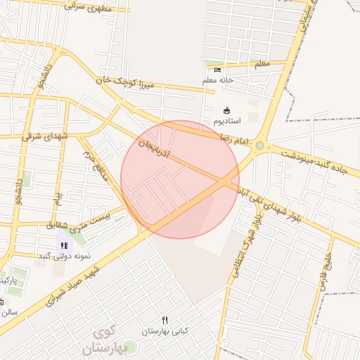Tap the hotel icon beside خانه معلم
click(x=217, y=70)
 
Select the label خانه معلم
click(x=218, y=80)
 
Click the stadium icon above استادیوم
click(x=226, y=110)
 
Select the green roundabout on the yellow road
click(x=260, y=146)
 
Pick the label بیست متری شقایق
click(x=78, y=222)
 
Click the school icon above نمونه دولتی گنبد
click(x=64, y=245)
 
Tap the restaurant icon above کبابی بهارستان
click(x=165, y=320)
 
